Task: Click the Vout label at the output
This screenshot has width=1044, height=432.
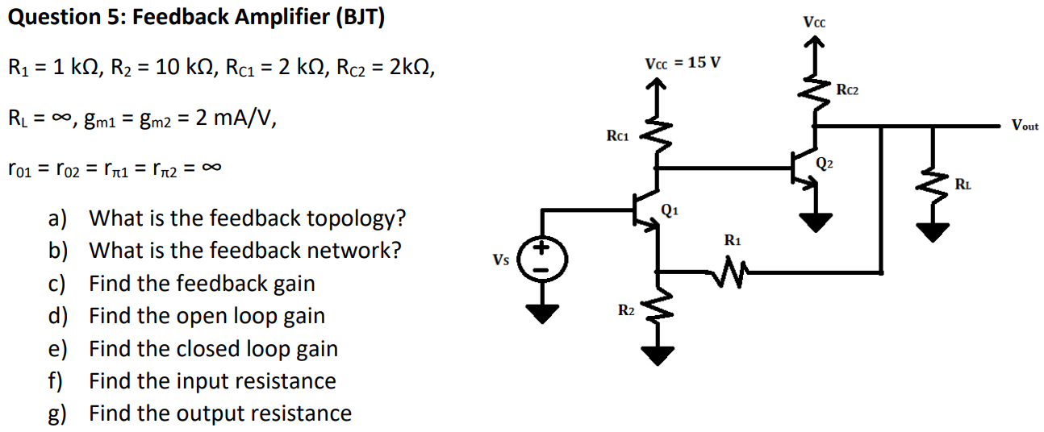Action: tap(1025, 126)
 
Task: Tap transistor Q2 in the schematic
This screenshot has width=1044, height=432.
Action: tap(806, 168)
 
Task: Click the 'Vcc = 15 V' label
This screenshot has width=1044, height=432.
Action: tap(682, 63)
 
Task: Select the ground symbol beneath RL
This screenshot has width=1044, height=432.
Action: tap(934, 232)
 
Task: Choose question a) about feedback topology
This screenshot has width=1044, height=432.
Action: tap(226, 218)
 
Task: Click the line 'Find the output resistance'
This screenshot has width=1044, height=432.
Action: tap(219, 413)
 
